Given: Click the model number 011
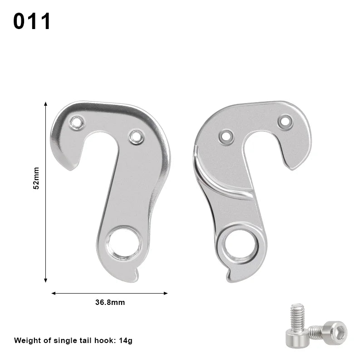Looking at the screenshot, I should (x=32, y=21).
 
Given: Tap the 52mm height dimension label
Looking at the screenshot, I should (x=36, y=178).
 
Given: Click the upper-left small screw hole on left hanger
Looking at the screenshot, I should (x=77, y=123).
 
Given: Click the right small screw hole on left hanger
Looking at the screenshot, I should (x=136, y=137).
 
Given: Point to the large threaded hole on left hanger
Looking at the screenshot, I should (x=124, y=243).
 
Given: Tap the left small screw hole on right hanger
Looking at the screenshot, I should (x=226, y=136).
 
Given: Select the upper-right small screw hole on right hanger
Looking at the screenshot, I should (x=285, y=122).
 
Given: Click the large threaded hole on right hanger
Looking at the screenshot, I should (x=239, y=246).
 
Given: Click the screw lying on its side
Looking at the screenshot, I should (x=329, y=332).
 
